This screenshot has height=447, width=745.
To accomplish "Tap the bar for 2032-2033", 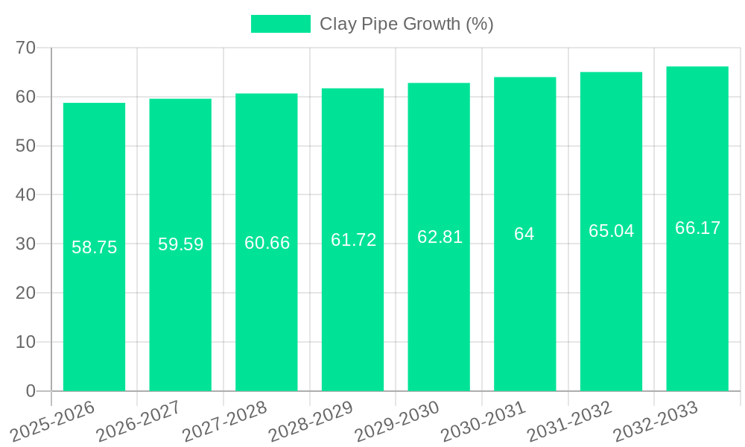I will tap(697, 313).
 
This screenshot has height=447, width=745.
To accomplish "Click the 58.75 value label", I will tap(94, 247).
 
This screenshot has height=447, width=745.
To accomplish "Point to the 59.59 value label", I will tap(180, 244).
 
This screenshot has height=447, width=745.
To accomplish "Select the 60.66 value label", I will tap(267, 243).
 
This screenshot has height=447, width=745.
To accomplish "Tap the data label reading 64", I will tap(524, 234).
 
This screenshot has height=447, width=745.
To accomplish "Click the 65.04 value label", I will tap(611, 231).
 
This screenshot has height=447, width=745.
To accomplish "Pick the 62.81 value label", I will tap(440, 237).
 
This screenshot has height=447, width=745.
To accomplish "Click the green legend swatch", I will tap(281, 24).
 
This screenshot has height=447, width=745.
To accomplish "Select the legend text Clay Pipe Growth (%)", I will tap(407, 24).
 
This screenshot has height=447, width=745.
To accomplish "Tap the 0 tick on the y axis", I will tap(31, 391).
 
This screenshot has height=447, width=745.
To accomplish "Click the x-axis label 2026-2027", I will tap(139, 421).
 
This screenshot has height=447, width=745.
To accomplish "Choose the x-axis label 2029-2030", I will tap(397, 421).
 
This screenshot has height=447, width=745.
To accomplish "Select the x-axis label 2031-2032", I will tap(570, 421).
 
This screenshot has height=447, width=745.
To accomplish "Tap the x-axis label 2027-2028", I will tap(225, 421).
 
